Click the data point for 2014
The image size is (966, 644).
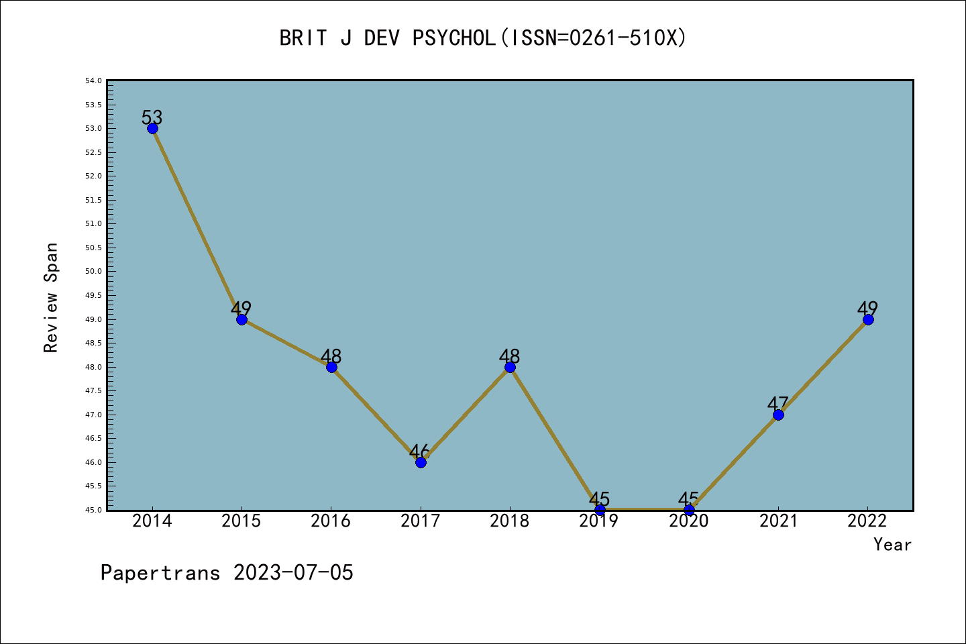tap(152, 128)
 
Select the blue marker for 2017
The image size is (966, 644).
tap(421, 462)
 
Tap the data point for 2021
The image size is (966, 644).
tap(778, 415)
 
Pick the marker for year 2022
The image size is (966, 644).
tap(868, 319)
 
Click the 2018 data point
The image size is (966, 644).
tap(510, 367)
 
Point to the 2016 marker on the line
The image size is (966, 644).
tap(331, 367)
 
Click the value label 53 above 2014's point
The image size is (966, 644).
tap(152, 117)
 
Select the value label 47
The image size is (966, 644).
tap(778, 404)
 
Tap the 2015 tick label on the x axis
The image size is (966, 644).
tap(241, 521)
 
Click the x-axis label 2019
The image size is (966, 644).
tap(599, 521)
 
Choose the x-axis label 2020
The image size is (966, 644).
tap(689, 521)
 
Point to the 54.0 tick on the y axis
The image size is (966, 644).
tap(93, 81)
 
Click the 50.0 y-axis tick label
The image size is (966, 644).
tap(93, 272)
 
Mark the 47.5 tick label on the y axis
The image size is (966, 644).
tap(93, 390)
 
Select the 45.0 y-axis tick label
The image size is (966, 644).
tap(93, 510)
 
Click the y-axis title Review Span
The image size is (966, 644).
tap(51, 298)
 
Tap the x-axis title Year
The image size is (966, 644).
tap(892, 545)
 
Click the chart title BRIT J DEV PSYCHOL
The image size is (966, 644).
tap(387, 38)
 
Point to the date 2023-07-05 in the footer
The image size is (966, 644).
tap(293, 573)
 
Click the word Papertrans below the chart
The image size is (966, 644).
tap(160, 573)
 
